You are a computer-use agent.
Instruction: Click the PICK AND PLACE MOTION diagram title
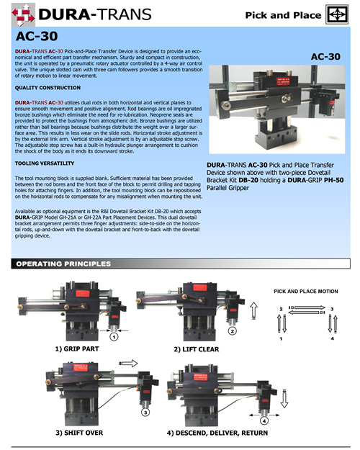point(305,291)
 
